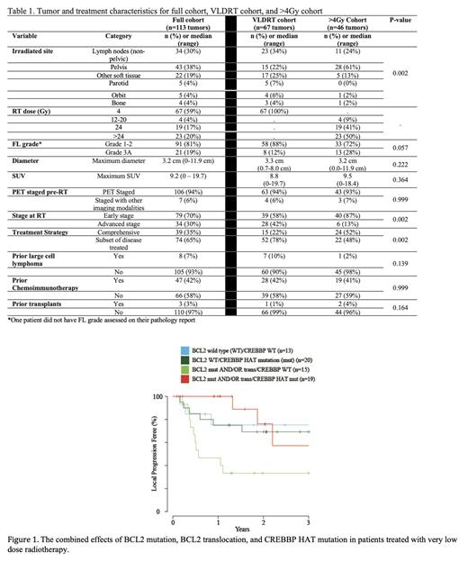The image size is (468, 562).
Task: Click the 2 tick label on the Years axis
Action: click(x=263, y=521)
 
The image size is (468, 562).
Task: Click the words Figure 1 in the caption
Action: click(x=26, y=543)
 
